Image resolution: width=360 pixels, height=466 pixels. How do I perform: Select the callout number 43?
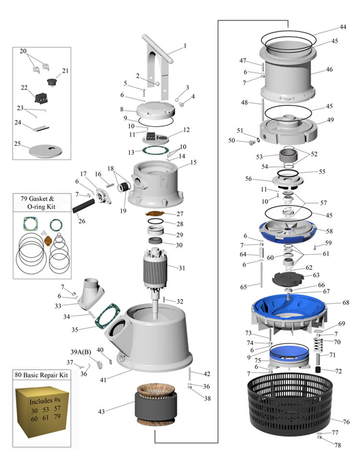point(102,411)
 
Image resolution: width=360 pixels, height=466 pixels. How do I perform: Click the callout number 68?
point(346,303)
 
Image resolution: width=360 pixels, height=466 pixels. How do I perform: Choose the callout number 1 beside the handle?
point(184,47)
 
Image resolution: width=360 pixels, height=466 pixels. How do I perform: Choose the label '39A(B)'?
point(81,352)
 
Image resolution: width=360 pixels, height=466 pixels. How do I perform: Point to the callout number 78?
point(338,445)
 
